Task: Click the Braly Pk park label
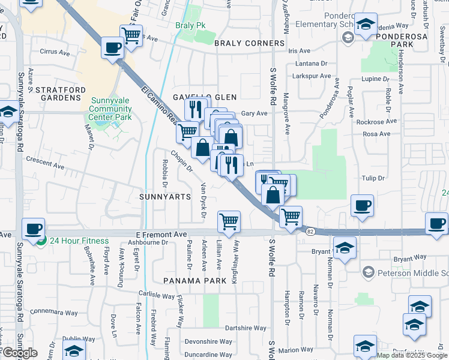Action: click(191, 26)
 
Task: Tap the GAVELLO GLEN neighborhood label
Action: click(205, 97)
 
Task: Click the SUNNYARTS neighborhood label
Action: click(164, 196)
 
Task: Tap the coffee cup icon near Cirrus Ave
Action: click(112, 48)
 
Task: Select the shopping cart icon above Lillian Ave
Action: click(229, 221)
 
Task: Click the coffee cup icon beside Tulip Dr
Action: click(362, 205)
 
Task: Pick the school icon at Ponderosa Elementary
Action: click(364, 25)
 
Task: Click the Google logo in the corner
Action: click(20, 353)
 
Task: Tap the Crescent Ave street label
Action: click(44, 162)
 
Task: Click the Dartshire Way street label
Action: click(246, 328)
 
